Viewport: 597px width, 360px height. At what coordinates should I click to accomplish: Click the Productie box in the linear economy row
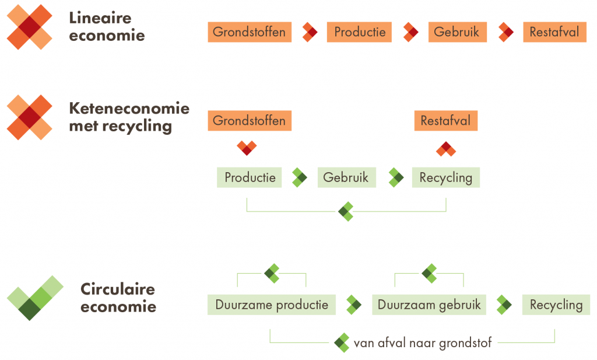[359, 32]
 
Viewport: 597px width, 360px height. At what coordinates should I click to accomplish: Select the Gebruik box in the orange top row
[456, 32]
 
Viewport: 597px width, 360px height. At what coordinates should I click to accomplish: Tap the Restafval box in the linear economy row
[554, 32]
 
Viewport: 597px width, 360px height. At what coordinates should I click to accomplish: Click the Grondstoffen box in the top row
[249, 32]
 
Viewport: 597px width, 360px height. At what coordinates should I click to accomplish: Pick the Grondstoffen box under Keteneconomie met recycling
[249, 121]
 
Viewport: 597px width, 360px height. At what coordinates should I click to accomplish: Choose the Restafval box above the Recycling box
[445, 121]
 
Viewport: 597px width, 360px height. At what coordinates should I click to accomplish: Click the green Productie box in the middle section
[250, 177]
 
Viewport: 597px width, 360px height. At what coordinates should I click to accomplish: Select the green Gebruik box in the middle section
[346, 177]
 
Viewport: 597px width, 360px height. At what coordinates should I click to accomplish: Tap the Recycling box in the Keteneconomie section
[445, 177]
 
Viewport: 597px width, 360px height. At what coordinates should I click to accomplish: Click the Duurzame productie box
[272, 305]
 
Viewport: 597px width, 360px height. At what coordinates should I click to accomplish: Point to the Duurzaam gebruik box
[429, 305]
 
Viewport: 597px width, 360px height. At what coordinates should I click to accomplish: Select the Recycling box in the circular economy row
[556, 305]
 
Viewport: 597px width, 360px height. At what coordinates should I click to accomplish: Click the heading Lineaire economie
[107, 26]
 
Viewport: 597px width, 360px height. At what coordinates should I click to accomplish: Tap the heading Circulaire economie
[118, 298]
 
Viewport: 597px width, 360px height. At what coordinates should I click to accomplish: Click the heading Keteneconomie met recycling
[129, 117]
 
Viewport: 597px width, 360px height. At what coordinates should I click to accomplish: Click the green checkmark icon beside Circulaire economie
[35, 298]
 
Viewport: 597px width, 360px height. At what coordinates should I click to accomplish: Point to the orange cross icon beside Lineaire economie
[29, 27]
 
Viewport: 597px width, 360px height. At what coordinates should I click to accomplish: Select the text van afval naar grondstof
[423, 343]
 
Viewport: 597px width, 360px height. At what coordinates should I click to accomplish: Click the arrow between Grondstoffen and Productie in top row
[310, 32]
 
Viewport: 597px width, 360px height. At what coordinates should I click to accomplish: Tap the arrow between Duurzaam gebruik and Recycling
[504, 305]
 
